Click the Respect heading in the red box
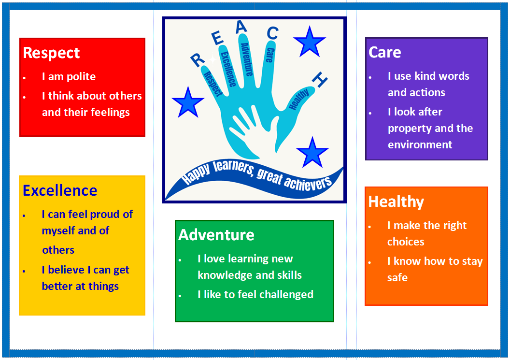click(x=51, y=53)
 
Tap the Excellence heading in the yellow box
click(x=60, y=190)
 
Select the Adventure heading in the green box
click(x=216, y=235)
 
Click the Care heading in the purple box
click(x=384, y=52)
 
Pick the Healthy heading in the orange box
click(x=396, y=202)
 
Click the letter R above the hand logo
click(x=197, y=60)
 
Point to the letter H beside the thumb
click(x=320, y=80)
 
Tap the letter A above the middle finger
click(x=241, y=27)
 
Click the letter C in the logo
click(x=272, y=33)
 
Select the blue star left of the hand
click(x=187, y=102)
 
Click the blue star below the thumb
click(x=312, y=153)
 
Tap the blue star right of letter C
click(x=309, y=42)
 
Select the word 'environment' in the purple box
click(x=420, y=144)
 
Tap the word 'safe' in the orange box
click(x=397, y=278)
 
